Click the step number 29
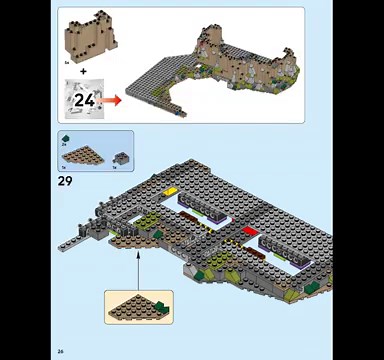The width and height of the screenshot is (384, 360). coord(66,181)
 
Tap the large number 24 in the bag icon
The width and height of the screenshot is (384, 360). coord(84,99)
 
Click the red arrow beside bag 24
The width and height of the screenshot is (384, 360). coord(111,99)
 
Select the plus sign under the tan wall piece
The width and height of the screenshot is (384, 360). coord(83,71)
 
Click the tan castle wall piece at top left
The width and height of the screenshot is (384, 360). coord(89,37)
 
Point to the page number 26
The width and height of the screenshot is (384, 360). coord(61,350)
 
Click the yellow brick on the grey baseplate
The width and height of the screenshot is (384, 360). coord(171,190)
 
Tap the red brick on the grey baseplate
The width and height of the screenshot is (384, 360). coord(250,231)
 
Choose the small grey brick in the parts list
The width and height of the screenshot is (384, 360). coord(120,157)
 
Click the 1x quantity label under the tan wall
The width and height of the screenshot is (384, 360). coord(66,62)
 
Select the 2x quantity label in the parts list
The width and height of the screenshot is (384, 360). coord(64,146)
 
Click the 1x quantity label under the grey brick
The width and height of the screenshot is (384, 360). coord(116,167)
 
